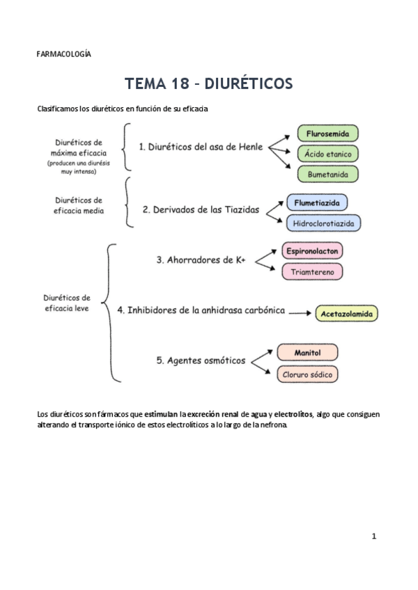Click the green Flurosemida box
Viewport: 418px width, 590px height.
tap(327, 133)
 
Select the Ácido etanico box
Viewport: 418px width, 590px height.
tap(327, 154)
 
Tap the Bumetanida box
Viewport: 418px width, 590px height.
tap(327, 174)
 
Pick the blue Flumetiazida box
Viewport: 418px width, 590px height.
tap(317, 202)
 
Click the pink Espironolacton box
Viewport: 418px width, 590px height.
tap(313, 250)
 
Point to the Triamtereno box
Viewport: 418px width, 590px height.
tap(313, 271)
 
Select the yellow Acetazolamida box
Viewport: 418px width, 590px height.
tap(347, 314)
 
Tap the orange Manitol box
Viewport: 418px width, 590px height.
tap(307, 353)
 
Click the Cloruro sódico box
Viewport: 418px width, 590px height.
tap(307, 374)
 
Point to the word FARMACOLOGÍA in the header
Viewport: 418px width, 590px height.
tap(63, 54)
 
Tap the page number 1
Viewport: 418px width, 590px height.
tap(374, 536)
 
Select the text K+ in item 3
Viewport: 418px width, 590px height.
tap(240, 260)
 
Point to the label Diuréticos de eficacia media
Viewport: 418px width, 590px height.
tap(79, 205)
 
